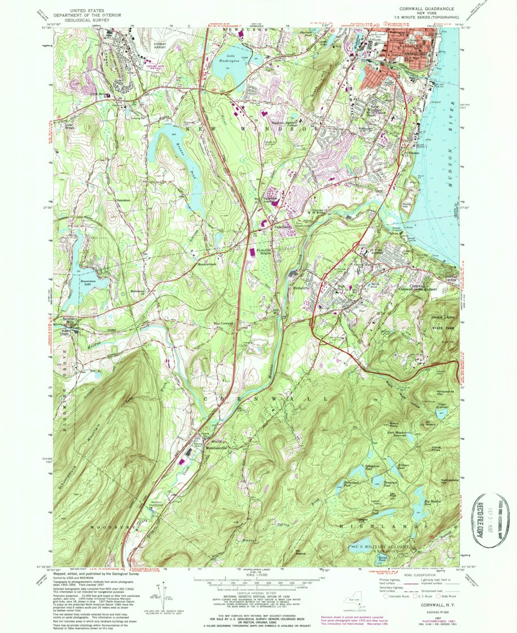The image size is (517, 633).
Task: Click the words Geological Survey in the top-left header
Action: (x=87, y=18)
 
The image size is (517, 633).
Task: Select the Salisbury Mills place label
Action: (x=68, y=319)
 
